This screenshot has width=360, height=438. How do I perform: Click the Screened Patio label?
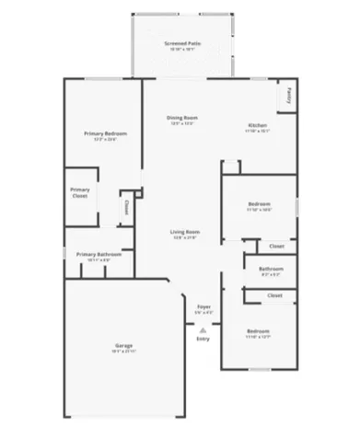coord(181,43)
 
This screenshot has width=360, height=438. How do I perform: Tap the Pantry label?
coord(290,93)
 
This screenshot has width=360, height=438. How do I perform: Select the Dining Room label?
coord(181,118)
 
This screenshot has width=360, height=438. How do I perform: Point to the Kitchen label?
coord(257,125)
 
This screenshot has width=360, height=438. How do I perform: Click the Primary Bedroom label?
coord(105,134)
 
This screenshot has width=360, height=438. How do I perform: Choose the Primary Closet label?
coord(80,192)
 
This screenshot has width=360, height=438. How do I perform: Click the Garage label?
coord(123,345)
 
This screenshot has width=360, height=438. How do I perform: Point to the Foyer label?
coord(203,307)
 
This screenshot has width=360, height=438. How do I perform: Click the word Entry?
coord(203,339)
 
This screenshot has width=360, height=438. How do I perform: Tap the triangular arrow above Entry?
coord(203,328)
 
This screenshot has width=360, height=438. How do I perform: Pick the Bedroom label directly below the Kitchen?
coord(259,203)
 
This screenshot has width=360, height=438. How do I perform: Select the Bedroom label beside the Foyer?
coord(258,330)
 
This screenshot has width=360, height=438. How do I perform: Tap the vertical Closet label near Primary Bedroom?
coord(126,206)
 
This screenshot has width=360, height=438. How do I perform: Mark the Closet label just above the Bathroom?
coord(276,246)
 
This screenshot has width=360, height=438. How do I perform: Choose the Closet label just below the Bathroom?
coord(274,294)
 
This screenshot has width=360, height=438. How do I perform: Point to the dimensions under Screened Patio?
coord(181,50)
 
